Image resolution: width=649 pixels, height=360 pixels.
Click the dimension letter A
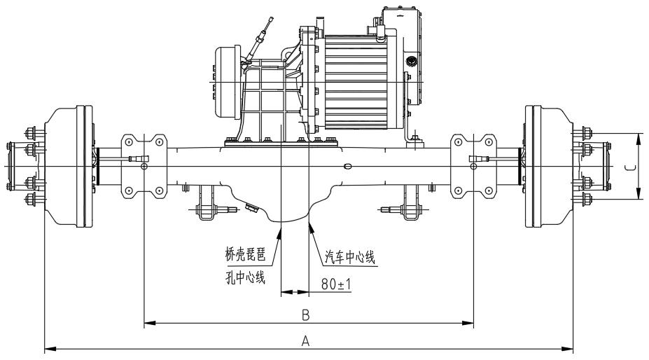(305, 340)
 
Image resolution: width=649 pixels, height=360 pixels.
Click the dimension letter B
(305, 315)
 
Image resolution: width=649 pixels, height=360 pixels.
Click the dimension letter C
(629, 167)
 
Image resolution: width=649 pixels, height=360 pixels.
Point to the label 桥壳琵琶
(244, 256)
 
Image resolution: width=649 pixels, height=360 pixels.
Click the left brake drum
(70, 166)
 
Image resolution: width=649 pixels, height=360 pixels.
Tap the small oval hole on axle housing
(348, 167)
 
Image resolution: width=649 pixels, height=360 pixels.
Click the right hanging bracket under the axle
(409, 202)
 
